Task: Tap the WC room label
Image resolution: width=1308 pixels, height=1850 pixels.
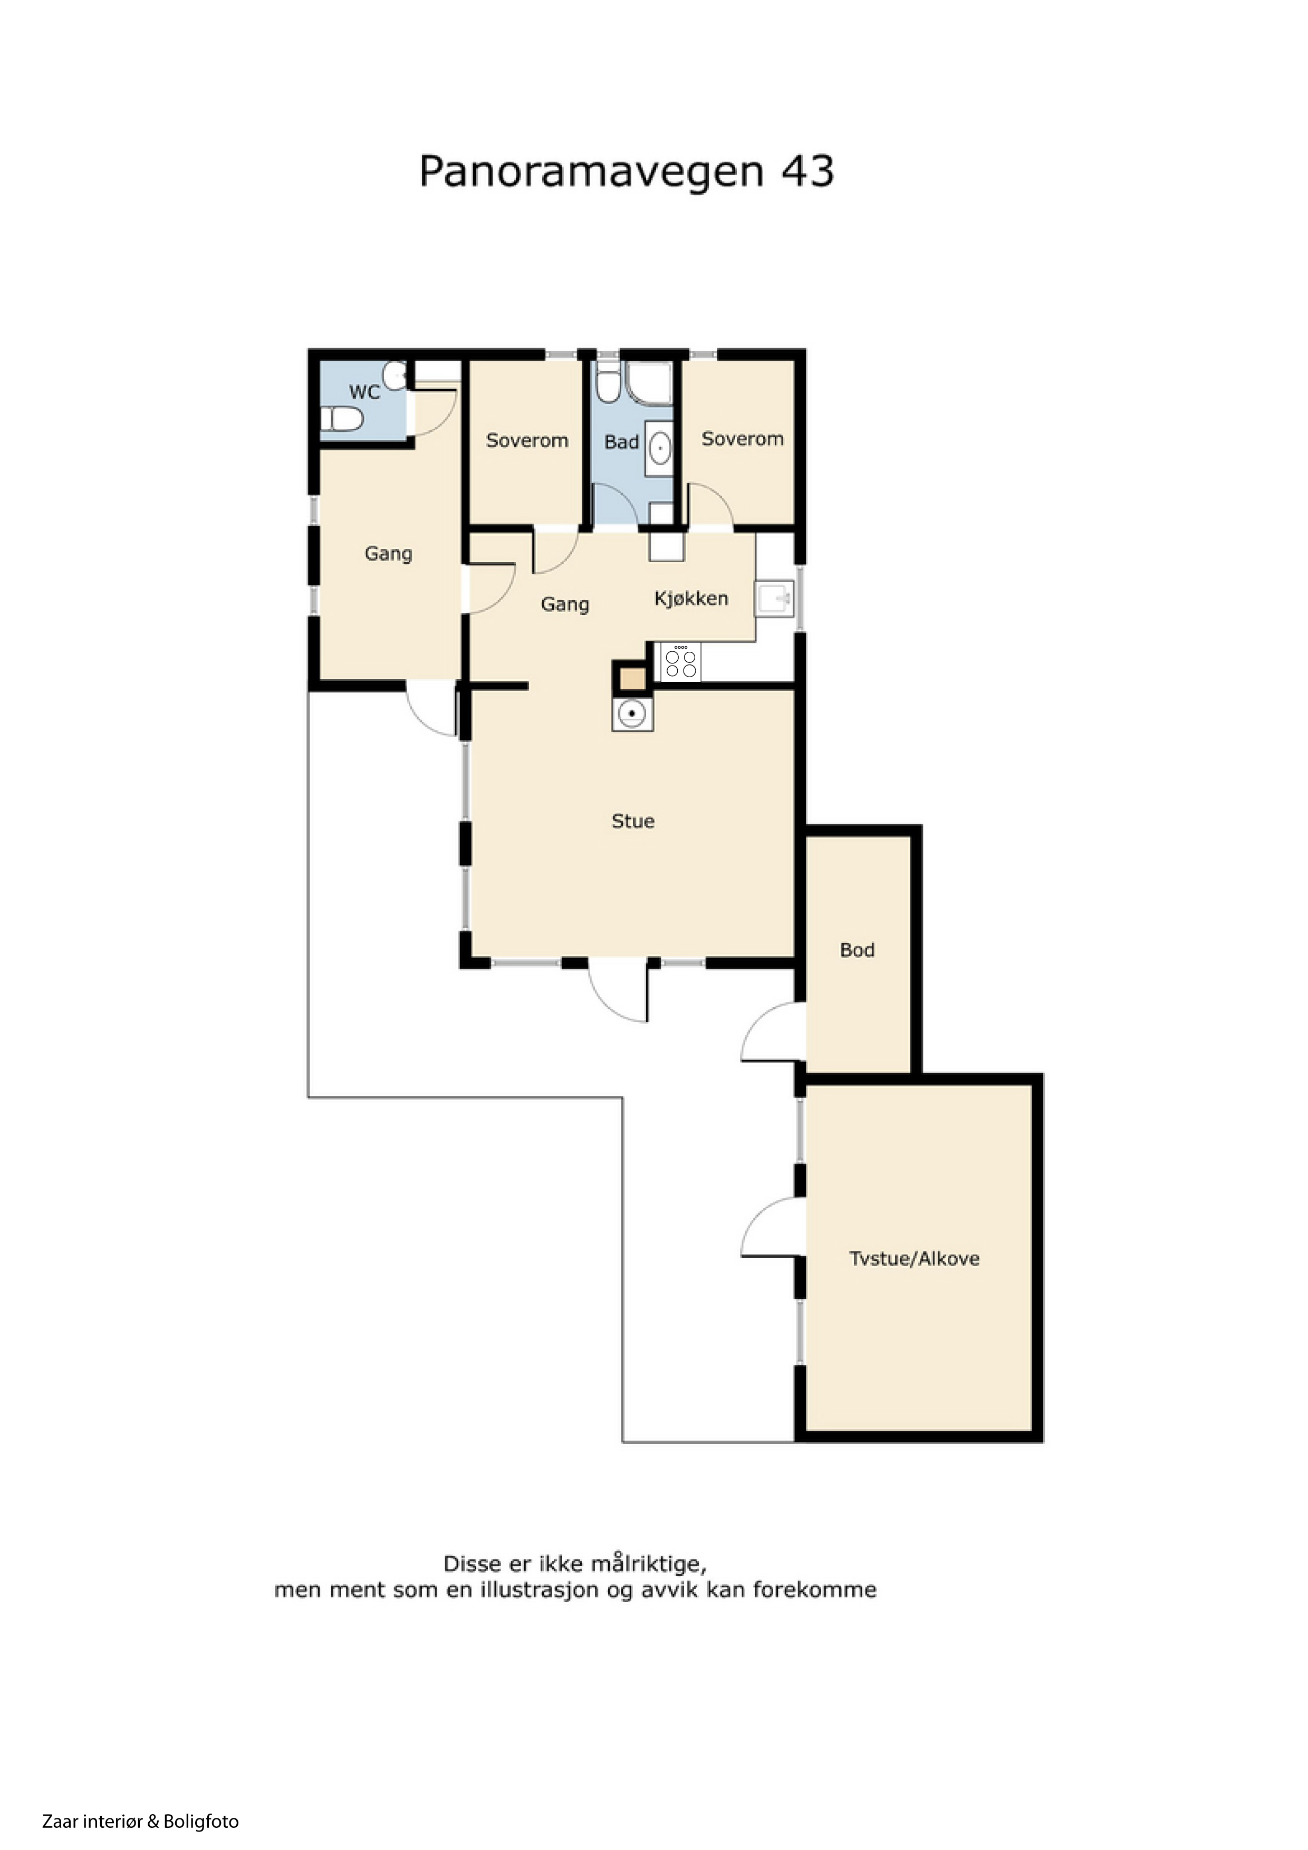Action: pos(364,392)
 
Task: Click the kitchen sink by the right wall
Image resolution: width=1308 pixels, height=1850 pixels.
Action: pos(774,599)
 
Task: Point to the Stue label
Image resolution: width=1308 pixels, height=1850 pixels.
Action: pos(633,821)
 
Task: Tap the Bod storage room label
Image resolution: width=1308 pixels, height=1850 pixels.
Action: pos(857,950)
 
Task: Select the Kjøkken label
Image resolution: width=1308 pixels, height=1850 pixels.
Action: pos(691,599)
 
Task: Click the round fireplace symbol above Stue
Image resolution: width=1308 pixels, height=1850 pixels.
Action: pos(633,713)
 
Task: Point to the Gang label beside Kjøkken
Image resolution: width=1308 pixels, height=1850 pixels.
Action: pos(565,604)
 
